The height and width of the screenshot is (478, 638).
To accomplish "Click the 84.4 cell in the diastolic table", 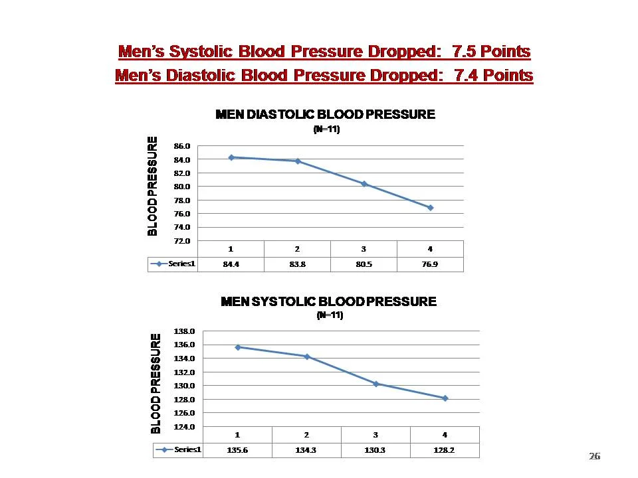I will [231, 264].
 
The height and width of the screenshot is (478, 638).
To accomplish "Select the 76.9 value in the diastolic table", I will [430, 264].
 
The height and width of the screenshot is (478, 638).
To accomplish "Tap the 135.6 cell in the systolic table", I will [237, 450].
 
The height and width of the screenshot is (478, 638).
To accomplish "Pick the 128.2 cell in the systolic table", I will [445, 450].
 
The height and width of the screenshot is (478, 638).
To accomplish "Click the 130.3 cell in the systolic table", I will [375, 450].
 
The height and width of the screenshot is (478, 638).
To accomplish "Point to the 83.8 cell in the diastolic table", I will [297, 264].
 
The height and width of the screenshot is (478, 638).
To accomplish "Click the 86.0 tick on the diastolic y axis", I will [183, 145].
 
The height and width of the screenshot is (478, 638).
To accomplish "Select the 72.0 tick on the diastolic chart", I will [183, 241].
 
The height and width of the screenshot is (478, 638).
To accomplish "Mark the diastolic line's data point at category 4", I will [431, 208].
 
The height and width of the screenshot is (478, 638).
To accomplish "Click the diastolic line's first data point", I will [231, 157].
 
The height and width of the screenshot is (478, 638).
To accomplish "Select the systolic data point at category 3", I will [376, 384].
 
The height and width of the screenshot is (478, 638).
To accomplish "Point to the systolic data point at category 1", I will [238, 347].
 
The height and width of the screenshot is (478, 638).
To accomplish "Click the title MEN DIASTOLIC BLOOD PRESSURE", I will [326, 115].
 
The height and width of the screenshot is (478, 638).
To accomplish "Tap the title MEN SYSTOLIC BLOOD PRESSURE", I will [328, 302].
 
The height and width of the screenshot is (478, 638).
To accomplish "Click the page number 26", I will [594, 456].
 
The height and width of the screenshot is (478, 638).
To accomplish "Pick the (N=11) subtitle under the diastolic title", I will [326, 130].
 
